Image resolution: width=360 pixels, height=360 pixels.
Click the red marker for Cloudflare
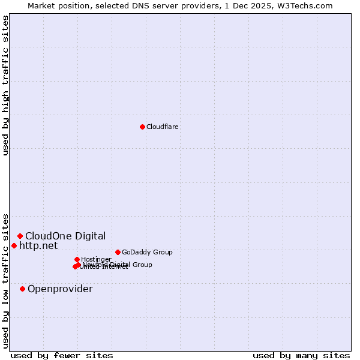point(142,127)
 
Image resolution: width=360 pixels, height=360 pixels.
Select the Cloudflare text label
point(163,127)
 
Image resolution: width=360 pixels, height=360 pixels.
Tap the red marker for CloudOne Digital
point(20,236)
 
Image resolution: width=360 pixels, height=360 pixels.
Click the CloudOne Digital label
point(65,236)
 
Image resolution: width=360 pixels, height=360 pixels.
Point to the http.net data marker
point(14,245)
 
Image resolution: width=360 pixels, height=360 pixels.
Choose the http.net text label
point(38,245)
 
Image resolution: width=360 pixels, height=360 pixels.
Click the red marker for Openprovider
point(22,289)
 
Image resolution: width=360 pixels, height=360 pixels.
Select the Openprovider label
point(60,289)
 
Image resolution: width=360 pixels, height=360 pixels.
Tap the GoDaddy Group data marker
point(118,252)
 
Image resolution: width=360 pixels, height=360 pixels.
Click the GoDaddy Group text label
point(147,252)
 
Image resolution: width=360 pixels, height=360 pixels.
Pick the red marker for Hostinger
point(77,259)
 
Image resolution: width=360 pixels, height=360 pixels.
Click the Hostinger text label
point(96,259)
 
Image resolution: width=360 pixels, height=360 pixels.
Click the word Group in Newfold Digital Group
point(142,264)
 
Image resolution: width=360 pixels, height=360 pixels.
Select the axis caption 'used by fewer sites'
point(62,355)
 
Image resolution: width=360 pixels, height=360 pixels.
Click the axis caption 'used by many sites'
point(301,355)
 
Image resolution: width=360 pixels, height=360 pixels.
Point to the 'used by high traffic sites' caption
point(6,85)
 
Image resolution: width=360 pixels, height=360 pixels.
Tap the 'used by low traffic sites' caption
point(6,280)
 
